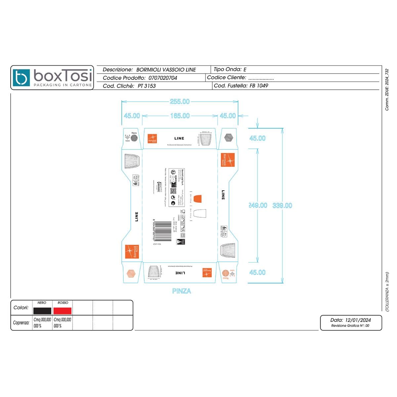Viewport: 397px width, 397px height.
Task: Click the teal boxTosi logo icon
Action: (22, 77)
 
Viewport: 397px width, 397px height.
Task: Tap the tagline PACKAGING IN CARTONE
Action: (63, 85)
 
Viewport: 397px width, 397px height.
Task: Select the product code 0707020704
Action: (163, 78)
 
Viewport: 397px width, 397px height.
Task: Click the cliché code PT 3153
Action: (147, 86)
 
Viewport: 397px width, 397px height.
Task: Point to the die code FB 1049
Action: (259, 86)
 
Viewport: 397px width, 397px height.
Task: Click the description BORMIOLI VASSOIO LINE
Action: (166, 70)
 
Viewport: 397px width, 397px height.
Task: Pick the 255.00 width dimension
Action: (180, 102)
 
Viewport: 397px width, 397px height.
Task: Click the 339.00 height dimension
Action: (282, 205)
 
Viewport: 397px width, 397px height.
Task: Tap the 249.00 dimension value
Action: (258, 205)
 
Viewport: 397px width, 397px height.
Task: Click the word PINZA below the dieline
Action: (182, 291)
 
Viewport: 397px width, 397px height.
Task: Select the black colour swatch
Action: (42, 311)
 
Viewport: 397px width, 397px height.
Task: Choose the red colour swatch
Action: (63, 311)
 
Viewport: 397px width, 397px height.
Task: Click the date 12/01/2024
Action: (358, 320)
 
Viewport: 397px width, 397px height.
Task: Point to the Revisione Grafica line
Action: (350, 326)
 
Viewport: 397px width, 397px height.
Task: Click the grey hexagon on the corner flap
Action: (228, 137)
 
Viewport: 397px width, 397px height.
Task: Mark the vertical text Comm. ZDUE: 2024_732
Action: (387, 90)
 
